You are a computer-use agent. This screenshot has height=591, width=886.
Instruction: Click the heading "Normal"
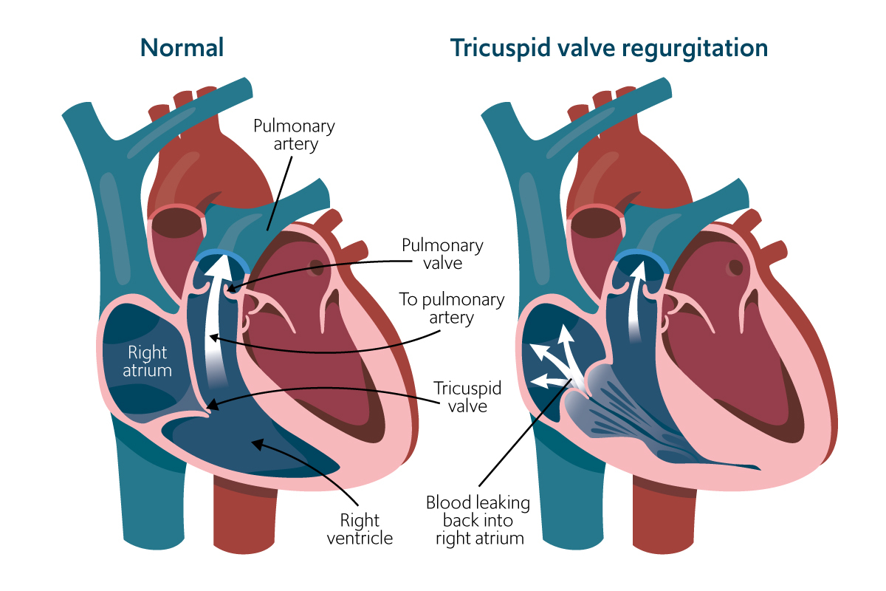tap(182, 49)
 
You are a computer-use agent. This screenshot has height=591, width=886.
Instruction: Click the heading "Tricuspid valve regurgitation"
tap(609, 49)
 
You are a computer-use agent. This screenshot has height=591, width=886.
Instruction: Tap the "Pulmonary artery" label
tap(294, 134)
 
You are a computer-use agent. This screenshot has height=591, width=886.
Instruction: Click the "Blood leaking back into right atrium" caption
tap(478, 520)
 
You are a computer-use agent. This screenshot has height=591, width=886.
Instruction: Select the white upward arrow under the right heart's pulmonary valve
tap(634, 303)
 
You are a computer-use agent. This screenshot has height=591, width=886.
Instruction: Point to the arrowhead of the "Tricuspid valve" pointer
tap(210, 406)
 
